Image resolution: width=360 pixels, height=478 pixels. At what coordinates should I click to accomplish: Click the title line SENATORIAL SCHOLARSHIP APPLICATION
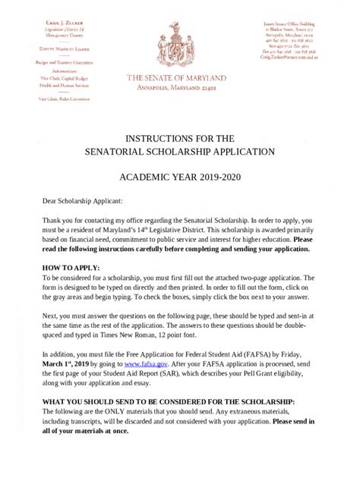[179, 152]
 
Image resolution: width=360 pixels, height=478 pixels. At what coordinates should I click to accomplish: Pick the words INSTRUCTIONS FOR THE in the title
[179, 138]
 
